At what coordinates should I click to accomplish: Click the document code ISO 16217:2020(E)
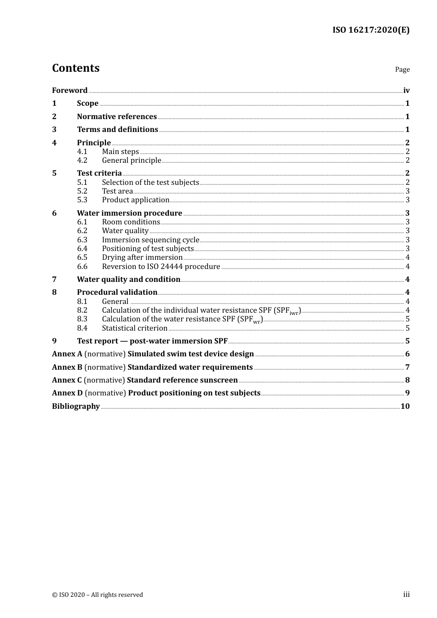click(x=371, y=30)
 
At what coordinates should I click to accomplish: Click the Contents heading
click(x=75, y=68)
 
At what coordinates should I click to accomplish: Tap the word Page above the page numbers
click(x=402, y=69)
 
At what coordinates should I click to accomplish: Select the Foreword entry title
click(x=69, y=90)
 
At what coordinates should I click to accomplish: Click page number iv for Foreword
click(x=406, y=91)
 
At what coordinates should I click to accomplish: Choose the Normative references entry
click(x=117, y=116)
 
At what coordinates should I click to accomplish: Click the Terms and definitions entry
click(x=117, y=129)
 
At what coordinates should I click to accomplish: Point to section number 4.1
click(x=82, y=151)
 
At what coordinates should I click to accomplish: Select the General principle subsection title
click(x=132, y=160)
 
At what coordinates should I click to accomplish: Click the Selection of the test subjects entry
click(x=150, y=182)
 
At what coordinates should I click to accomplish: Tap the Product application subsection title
click(x=136, y=200)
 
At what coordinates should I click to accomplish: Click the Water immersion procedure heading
click(x=129, y=213)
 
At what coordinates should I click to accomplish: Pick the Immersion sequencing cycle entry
click(x=150, y=240)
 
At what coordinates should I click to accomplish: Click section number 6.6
click(x=82, y=266)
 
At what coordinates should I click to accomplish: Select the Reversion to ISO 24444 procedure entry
click(x=161, y=266)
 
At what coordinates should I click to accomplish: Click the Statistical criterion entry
click(x=134, y=328)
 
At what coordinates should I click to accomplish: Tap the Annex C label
click(x=67, y=380)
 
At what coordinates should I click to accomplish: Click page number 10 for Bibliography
click(x=405, y=406)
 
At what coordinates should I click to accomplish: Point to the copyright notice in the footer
click(x=98, y=595)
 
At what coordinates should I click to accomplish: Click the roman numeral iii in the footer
click(x=406, y=594)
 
